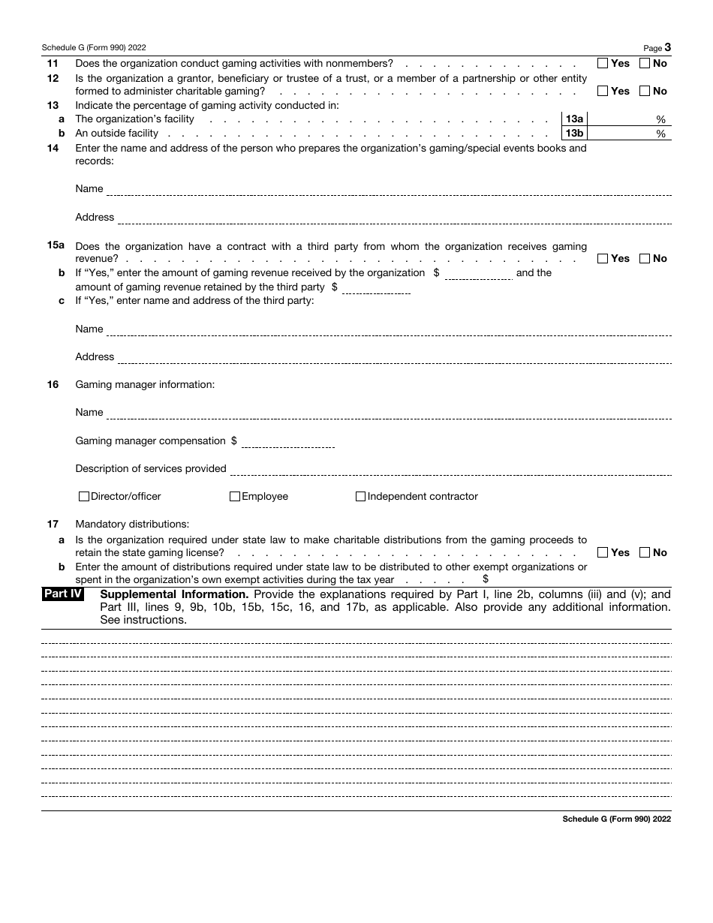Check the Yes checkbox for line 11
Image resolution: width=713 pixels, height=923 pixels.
(x=603, y=64)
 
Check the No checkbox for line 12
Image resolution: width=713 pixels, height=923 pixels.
(x=645, y=92)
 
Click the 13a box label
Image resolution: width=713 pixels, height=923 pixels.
(x=575, y=119)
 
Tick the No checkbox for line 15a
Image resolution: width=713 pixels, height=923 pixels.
(x=645, y=259)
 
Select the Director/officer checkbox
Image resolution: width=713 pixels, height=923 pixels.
(x=84, y=497)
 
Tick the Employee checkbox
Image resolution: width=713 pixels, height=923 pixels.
(x=235, y=497)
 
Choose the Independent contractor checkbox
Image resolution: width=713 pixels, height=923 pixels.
(x=360, y=497)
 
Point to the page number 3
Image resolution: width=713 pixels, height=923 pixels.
(x=667, y=47)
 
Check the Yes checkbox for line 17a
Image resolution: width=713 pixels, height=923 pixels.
(x=603, y=553)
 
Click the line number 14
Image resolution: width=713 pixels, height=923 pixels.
(x=53, y=148)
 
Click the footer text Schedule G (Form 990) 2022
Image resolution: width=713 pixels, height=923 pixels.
(x=616, y=819)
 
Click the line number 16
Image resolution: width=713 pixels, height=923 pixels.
(x=53, y=385)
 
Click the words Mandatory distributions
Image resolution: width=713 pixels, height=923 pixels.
(x=132, y=525)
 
